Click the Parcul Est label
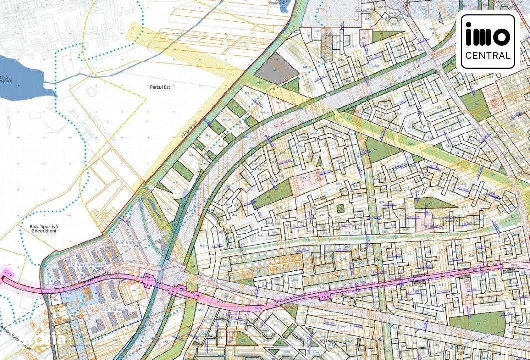click(160, 86)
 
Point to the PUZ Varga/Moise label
click(88, 263)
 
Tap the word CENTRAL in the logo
click(487, 55)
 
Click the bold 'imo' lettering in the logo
click(487, 36)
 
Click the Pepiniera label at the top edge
click(280, 2)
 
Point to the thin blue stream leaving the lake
click(70, 79)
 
